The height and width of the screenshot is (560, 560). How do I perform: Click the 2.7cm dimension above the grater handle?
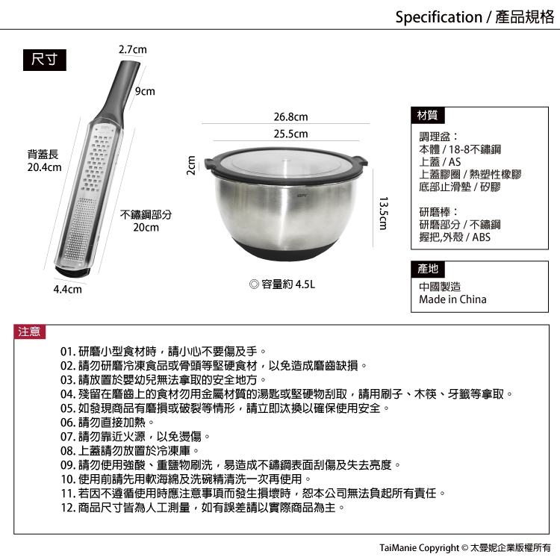tap(132, 49)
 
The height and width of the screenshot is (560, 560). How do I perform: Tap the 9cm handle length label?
tap(145, 91)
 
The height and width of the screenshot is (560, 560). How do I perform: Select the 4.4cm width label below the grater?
tap(67, 289)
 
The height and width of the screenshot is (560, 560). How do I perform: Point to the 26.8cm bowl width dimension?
tap(290, 116)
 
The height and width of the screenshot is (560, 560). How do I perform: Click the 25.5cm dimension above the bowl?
tap(290, 134)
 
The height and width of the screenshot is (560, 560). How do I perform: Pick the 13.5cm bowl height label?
tap(383, 214)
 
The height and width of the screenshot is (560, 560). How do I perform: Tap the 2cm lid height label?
tap(191, 165)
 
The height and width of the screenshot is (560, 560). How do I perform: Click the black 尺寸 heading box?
tap(45, 60)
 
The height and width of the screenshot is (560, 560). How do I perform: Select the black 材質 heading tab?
tap(428, 115)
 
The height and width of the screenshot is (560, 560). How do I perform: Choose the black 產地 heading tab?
tap(428, 269)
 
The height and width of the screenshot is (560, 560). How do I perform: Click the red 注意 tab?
tap(30, 332)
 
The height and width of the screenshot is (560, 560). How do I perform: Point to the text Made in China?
tap(452, 299)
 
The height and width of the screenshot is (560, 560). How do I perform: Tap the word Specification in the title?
tap(438, 16)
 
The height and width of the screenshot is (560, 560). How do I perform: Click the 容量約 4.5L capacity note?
tap(282, 284)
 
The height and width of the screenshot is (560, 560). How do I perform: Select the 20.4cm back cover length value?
tap(44, 167)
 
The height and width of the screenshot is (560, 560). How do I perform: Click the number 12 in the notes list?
tap(66, 508)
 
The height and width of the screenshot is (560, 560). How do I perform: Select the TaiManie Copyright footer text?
tap(464, 548)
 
